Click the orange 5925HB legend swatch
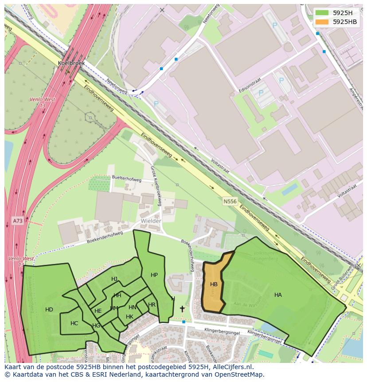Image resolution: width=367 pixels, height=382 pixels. point(322,22)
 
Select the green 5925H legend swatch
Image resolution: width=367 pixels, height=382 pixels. point(322,12)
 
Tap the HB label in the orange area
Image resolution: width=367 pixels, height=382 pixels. point(214,284)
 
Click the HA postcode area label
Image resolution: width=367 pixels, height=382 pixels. point(278,295)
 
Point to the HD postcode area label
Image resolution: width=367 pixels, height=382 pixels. point(49,310)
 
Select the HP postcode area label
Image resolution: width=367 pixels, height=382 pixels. point(154,275)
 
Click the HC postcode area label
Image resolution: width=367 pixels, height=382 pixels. point(74,323)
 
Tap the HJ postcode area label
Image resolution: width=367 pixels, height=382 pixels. point(114,279)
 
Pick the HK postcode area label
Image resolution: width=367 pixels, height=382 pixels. point(129,317)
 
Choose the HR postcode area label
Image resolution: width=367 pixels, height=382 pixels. point(152,305)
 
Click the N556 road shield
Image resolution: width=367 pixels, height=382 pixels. point(230,201)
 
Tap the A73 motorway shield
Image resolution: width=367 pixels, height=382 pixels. point(17,221)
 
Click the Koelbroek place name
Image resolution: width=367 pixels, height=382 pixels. point(71,63)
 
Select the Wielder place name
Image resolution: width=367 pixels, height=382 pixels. point(151,221)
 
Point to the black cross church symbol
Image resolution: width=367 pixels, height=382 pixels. point(182,309)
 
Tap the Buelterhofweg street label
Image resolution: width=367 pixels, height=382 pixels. point(126,180)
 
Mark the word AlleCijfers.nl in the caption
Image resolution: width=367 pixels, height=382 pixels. point(231,367)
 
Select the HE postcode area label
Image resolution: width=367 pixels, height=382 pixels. point(98,311)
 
